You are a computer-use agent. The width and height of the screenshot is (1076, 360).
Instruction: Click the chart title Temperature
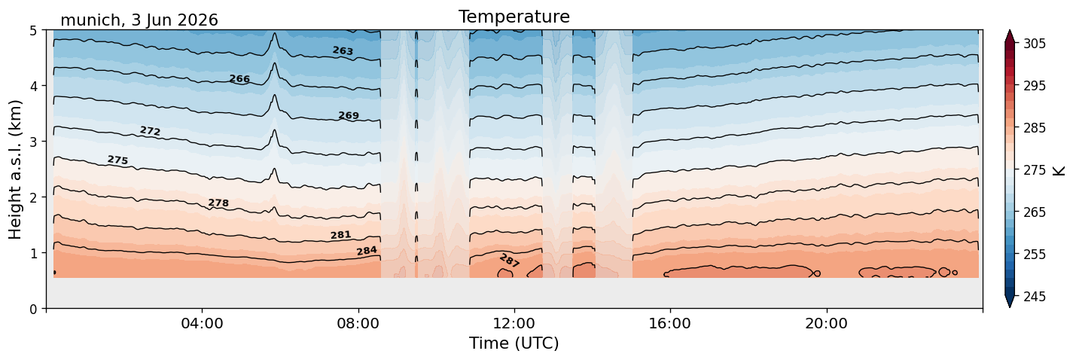[x=514, y=17]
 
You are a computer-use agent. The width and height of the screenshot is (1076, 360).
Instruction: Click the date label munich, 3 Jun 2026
[x=139, y=20]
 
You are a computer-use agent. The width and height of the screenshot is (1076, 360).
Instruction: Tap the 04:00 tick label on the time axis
[x=203, y=323]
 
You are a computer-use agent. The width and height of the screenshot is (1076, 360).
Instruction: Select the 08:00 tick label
[x=358, y=323]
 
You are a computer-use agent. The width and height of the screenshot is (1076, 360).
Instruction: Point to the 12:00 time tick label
[x=514, y=323]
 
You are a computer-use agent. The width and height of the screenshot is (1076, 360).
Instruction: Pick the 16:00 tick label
[x=670, y=323]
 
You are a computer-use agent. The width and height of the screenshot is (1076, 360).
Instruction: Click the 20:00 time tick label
[x=826, y=323]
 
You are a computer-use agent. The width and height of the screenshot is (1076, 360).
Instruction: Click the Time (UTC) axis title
[x=514, y=343]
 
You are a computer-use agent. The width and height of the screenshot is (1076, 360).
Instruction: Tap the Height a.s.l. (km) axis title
[x=15, y=169]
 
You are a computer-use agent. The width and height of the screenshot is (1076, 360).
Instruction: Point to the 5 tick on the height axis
[x=33, y=31]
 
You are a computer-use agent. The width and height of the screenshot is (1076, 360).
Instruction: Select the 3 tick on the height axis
[x=33, y=142]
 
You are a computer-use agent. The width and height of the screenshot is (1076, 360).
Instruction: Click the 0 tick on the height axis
[x=33, y=309]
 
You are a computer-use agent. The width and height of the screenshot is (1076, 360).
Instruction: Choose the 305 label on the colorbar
[x=1034, y=44]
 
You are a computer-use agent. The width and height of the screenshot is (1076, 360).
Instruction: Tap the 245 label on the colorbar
[x=1034, y=297]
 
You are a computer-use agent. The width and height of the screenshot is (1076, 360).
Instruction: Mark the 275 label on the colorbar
[x=1034, y=170]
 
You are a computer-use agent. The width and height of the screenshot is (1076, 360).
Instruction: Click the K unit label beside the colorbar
[x=1058, y=171]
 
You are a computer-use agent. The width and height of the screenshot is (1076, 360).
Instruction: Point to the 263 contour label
[x=343, y=51]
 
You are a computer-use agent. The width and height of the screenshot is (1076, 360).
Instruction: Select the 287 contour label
[x=510, y=261]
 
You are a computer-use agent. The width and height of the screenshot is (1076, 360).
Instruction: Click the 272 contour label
[x=151, y=131]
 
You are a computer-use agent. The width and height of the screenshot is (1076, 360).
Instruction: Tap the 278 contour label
[x=218, y=203]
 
